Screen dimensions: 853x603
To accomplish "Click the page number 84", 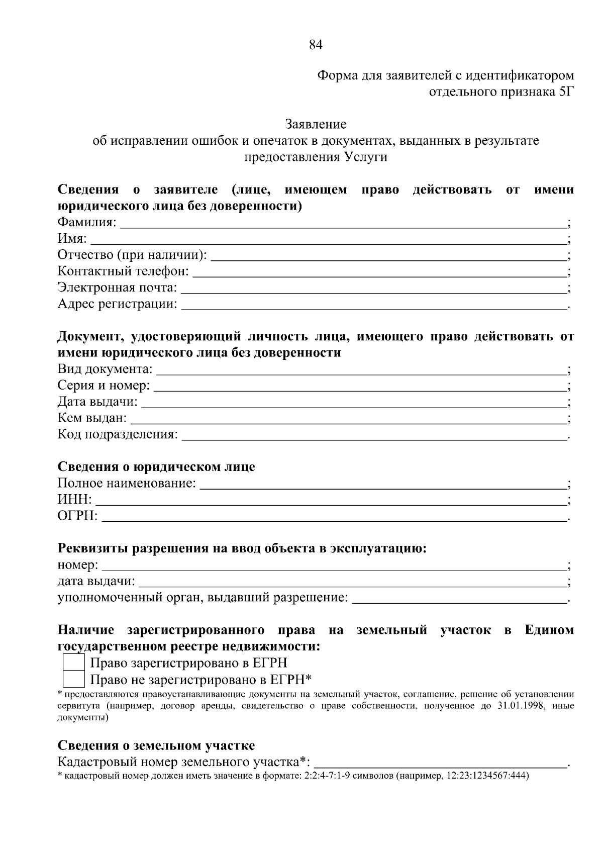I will (x=316, y=45).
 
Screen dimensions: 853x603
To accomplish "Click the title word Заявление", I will (x=316, y=124).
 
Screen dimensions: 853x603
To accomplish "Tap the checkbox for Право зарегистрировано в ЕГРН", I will (x=73, y=663).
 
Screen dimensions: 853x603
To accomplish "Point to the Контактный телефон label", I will (x=123, y=271).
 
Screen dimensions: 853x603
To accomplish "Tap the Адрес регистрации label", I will (x=117, y=304).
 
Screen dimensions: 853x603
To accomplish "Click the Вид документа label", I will (x=105, y=369).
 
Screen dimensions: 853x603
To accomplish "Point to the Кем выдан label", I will (x=92, y=418).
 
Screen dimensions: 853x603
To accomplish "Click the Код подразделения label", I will (x=118, y=434).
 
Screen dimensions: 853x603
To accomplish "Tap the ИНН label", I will (x=74, y=500).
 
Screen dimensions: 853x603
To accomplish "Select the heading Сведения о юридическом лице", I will (x=156, y=467).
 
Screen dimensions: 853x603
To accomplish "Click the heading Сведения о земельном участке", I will (x=156, y=745).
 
